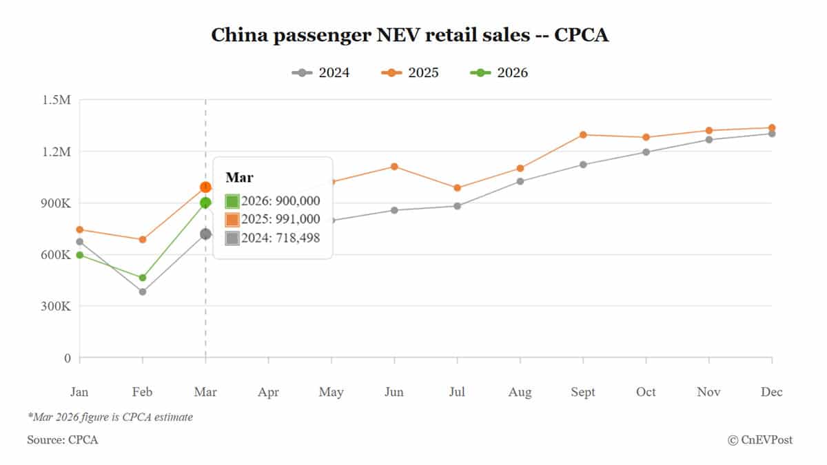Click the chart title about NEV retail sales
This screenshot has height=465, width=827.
409,35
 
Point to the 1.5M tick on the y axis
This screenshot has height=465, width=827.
57,100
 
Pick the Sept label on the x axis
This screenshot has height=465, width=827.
583,392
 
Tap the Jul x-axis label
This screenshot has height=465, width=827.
457,392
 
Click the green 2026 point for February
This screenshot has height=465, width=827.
143,278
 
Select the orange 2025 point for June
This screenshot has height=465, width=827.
394,167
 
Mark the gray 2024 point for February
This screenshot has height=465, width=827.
143,292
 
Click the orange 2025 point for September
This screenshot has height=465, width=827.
583,135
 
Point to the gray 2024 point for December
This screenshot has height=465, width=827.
772,134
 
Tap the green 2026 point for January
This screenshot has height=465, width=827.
80,255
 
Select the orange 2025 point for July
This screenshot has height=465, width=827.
457,188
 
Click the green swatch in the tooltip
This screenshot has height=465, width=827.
232,201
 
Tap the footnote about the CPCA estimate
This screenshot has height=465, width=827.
110,417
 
